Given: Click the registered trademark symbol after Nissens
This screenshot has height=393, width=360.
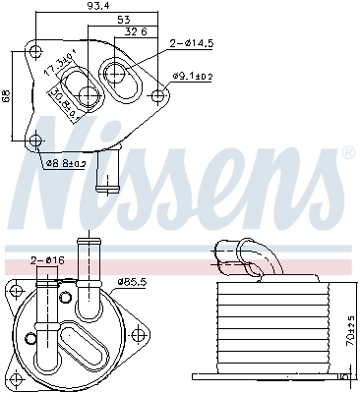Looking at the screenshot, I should coord(347,155).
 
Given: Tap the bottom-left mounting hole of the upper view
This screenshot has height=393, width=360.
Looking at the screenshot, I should coord(36,139).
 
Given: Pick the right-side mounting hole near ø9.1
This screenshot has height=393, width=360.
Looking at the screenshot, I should coord(160,94).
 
